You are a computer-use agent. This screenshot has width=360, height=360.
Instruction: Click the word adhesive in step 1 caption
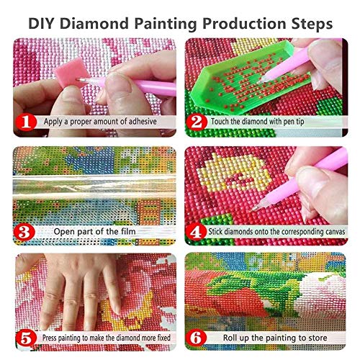[140, 123]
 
